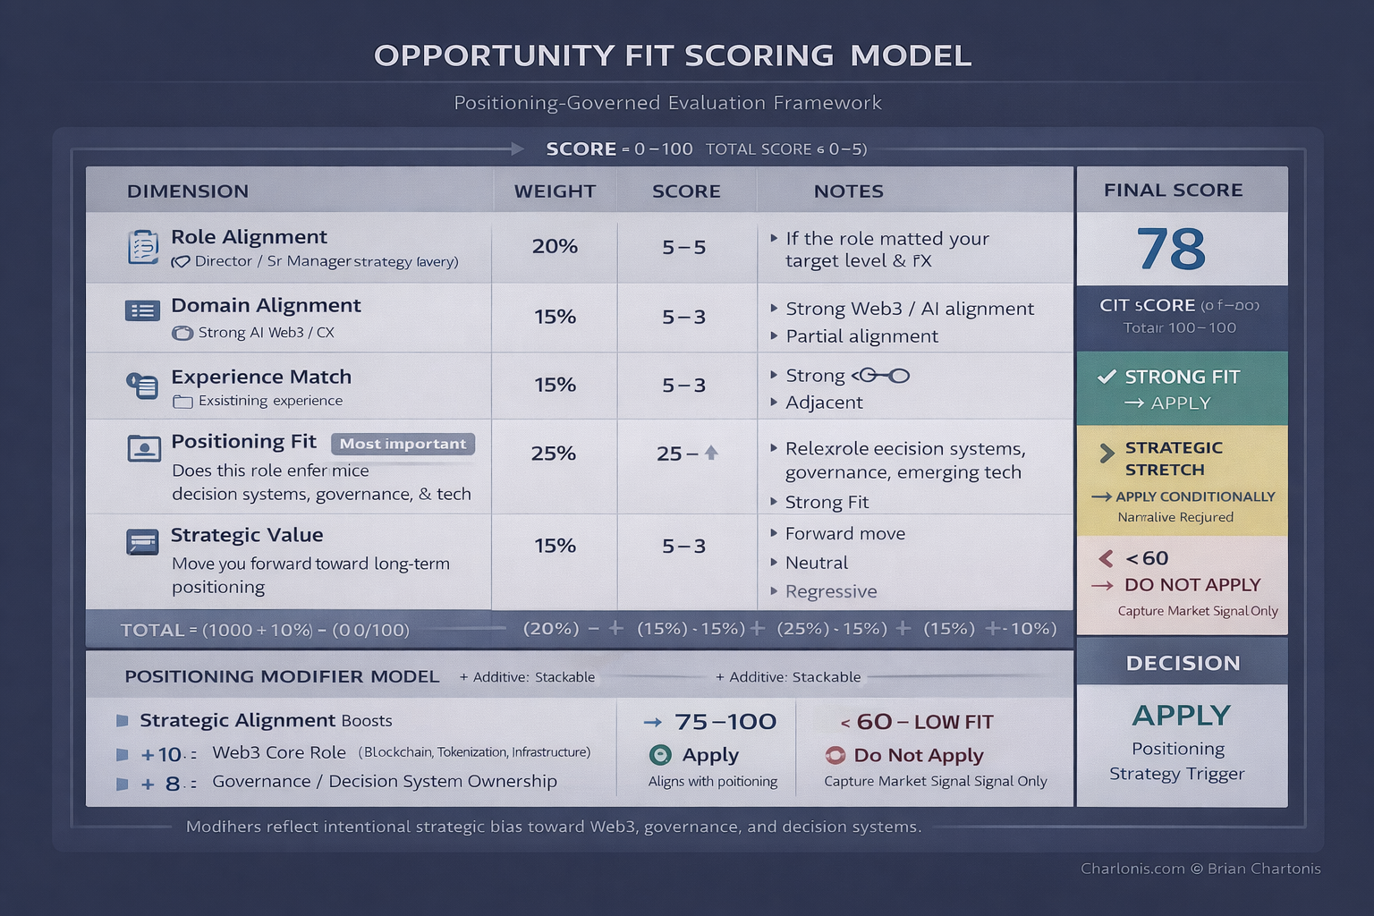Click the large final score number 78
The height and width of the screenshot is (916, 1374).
pyautogui.click(x=1171, y=249)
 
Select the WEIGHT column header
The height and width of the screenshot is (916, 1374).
pyautogui.click(x=555, y=191)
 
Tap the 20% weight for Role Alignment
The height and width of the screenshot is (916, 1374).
pyautogui.click(x=555, y=246)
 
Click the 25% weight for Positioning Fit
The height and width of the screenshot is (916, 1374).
pyautogui.click(x=553, y=454)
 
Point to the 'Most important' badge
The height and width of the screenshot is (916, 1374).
pyautogui.click(x=403, y=444)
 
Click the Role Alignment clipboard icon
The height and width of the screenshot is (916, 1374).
pyautogui.click(x=142, y=247)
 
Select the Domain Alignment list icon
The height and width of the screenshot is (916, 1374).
pyautogui.click(x=142, y=310)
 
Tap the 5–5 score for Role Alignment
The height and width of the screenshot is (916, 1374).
pyautogui.click(x=684, y=247)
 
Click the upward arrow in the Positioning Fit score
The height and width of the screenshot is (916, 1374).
pyautogui.click(x=711, y=453)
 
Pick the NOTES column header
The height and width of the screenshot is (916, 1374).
pyautogui.click(x=848, y=191)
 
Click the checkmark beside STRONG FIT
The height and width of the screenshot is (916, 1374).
pyautogui.click(x=1107, y=377)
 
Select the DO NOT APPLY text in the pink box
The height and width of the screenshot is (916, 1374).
pyautogui.click(x=1192, y=585)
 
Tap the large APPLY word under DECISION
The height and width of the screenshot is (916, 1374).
pyautogui.click(x=1181, y=716)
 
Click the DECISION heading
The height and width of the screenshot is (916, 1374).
pyautogui.click(x=1183, y=663)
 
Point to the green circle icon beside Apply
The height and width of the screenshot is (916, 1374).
pyautogui.click(x=660, y=755)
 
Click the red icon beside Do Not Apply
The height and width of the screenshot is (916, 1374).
pyautogui.click(x=835, y=755)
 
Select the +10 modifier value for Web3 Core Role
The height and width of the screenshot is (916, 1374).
pyautogui.click(x=161, y=754)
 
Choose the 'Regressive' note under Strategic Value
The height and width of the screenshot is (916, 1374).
pyautogui.click(x=831, y=591)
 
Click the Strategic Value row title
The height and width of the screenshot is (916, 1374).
pyautogui.click(x=247, y=535)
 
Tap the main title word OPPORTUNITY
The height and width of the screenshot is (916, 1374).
pyautogui.click(x=495, y=55)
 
